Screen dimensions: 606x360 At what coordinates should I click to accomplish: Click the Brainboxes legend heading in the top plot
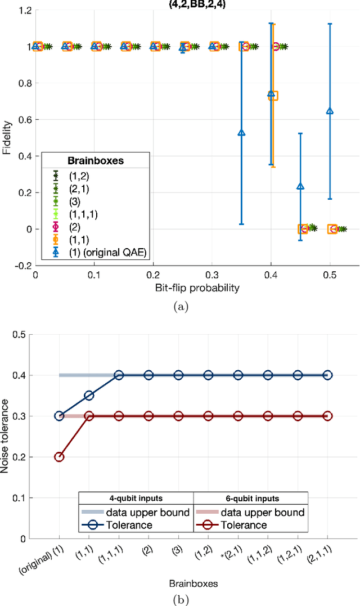(96, 160)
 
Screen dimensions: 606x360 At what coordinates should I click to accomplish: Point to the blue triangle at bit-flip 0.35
(241, 133)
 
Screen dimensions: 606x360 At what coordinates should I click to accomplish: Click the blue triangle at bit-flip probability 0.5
(330, 111)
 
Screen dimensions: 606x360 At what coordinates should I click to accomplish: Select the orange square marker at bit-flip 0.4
(273, 96)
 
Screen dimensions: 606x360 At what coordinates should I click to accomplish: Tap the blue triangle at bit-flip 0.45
(300, 186)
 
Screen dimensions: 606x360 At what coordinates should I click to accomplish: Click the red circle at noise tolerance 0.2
(59, 457)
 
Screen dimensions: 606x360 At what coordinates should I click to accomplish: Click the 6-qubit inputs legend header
(250, 499)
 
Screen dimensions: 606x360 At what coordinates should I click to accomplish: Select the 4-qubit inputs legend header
(136, 499)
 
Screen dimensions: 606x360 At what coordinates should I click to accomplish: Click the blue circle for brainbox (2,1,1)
(327, 375)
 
